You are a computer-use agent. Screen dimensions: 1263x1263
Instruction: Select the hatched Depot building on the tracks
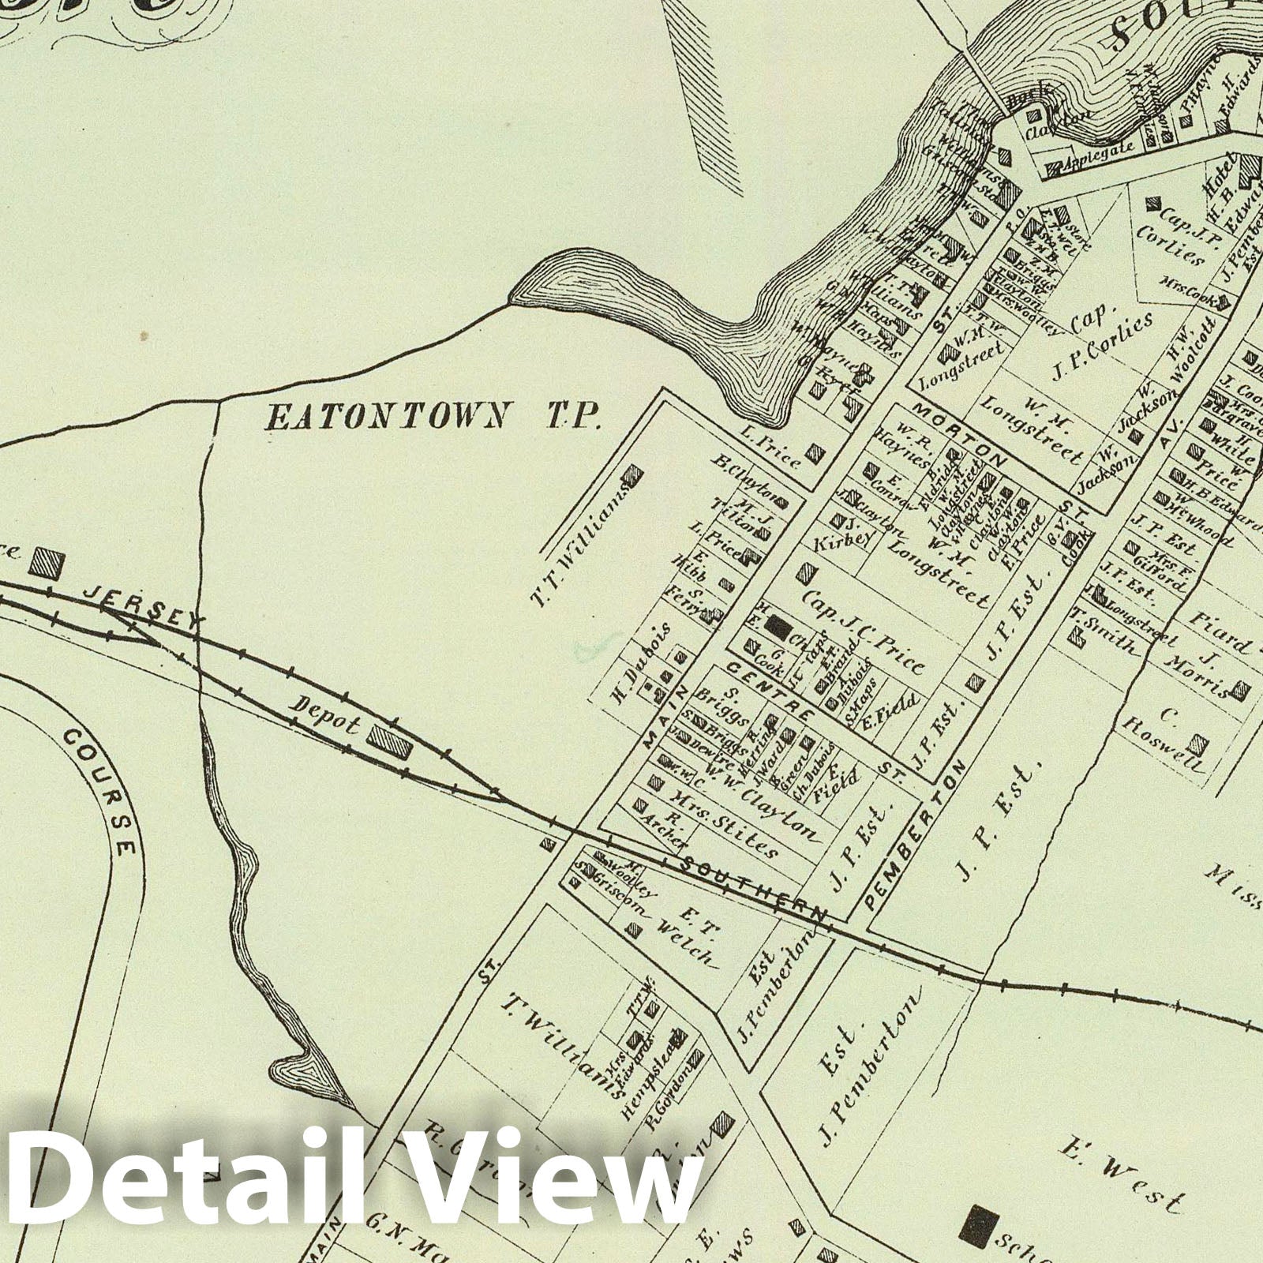coord(389,741)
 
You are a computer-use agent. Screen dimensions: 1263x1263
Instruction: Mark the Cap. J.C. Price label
coord(864,623)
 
